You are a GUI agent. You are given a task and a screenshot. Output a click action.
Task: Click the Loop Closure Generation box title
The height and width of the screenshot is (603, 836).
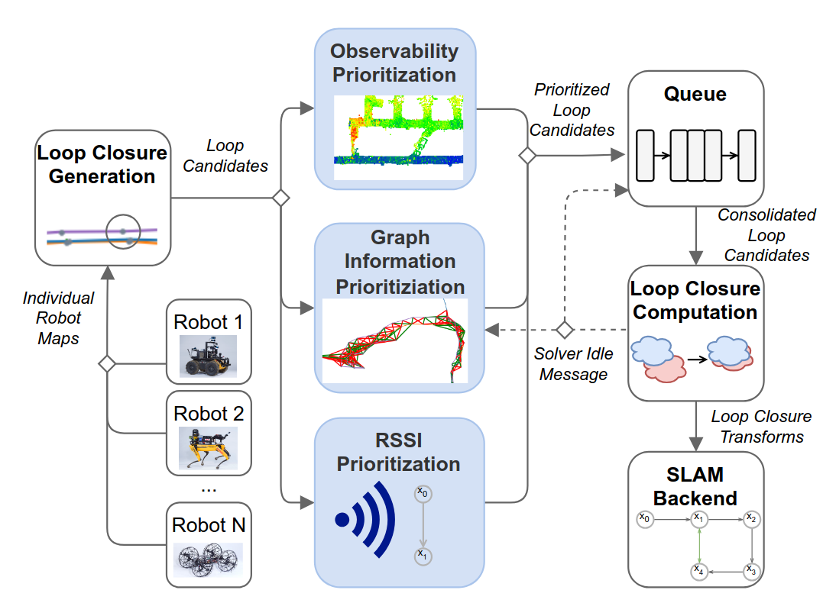(102, 164)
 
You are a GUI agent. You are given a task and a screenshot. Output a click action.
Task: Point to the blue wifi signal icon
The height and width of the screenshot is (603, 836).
(366, 519)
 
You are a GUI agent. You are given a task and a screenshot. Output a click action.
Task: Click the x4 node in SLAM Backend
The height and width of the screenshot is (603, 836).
(698, 570)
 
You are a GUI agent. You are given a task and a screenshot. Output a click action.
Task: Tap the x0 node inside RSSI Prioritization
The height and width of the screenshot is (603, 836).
(423, 494)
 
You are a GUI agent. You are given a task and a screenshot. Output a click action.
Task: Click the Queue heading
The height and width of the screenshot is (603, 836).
(695, 95)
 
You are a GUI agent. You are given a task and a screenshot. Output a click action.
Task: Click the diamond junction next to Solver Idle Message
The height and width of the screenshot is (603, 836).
(564, 330)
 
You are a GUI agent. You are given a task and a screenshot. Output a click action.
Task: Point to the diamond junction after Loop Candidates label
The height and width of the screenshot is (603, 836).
(281, 198)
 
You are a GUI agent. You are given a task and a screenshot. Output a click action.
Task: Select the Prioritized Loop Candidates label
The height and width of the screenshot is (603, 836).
(572, 110)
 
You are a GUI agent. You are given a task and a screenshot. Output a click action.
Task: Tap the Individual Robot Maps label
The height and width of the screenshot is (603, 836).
(58, 318)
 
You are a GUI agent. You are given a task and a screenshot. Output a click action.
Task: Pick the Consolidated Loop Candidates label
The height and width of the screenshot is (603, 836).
(765, 235)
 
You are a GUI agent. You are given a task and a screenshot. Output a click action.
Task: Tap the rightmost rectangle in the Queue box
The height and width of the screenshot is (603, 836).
(746, 155)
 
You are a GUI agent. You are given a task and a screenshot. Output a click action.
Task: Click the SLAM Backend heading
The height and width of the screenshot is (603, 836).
(695, 486)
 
